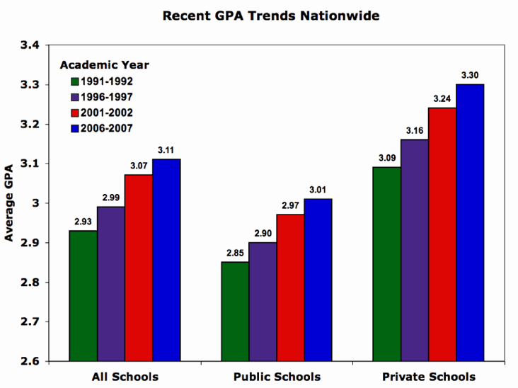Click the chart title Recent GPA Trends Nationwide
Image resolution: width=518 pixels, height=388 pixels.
(x=261, y=15)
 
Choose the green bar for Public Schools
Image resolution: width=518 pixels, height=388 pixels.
(x=235, y=312)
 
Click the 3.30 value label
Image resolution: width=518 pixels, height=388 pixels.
(x=470, y=75)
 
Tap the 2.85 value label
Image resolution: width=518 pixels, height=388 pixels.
(x=235, y=253)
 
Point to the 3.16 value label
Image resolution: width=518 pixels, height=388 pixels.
(x=415, y=130)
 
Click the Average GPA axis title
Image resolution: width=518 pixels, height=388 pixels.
(x=10, y=204)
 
